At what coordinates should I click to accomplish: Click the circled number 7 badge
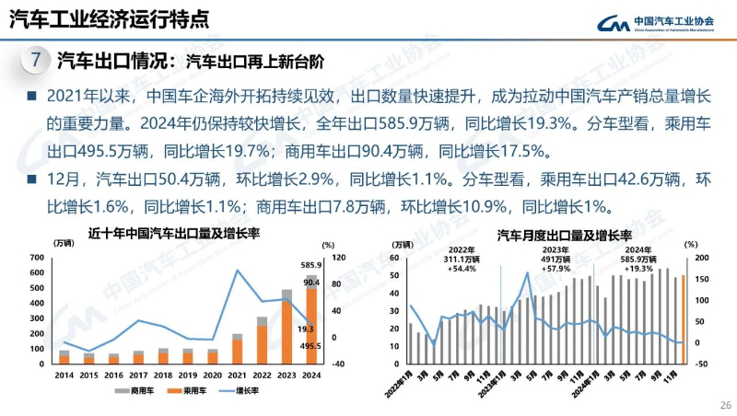[x=35, y=63]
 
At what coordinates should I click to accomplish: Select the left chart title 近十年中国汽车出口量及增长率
[x=174, y=233]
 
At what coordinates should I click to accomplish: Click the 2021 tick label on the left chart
[x=237, y=375]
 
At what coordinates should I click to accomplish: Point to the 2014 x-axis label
[x=64, y=375]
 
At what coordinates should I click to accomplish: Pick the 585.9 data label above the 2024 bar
[x=309, y=265]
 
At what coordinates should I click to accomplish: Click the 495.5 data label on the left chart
[x=309, y=346]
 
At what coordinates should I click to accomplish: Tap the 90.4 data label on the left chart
[x=310, y=283]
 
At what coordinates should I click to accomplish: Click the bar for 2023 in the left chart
[x=287, y=326]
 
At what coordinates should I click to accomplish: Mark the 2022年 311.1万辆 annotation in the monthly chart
[x=461, y=259]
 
